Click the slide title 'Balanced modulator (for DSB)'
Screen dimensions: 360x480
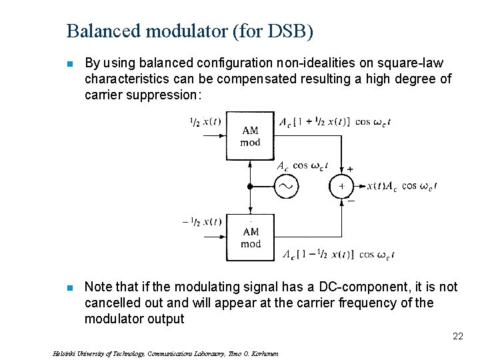tap(190, 31)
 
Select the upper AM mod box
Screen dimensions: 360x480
tap(251, 136)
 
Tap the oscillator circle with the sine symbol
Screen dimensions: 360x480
tap(287, 187)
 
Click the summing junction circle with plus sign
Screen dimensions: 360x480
tap(341, 187)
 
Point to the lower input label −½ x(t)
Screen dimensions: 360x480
tap(202, 222)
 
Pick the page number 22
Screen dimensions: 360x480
tap(457, 336)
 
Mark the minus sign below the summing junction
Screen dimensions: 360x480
tap(351, 200)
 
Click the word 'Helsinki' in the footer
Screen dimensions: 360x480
tap(63, 354)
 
